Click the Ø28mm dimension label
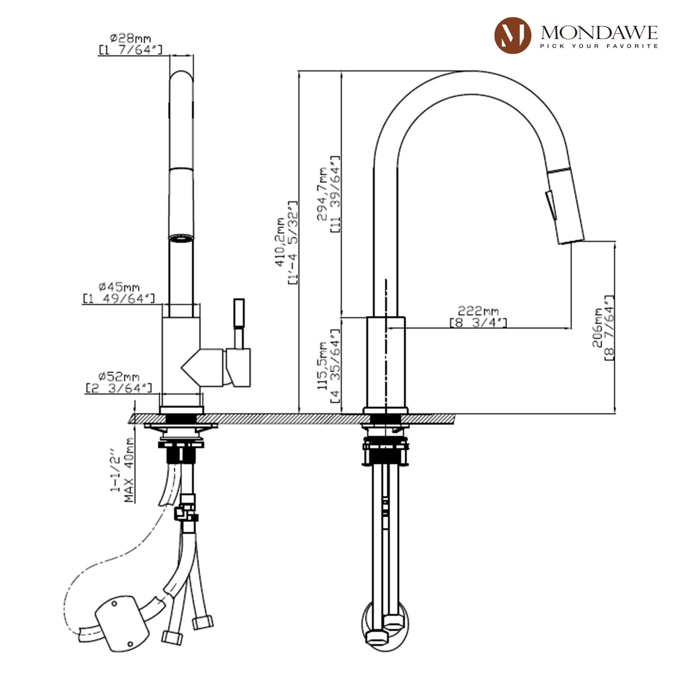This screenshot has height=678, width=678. coord(130,38)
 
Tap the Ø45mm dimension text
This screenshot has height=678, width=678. coord(119,287)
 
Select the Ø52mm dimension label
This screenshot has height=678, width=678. coord(119,377)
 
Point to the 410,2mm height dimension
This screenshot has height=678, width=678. coord(280,242)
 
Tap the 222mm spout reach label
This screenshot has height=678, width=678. coord(478,311)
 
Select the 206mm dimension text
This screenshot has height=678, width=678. coord(597,328)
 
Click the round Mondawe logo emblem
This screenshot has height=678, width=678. coord(512,36)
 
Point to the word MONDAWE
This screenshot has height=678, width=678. coord(599,33)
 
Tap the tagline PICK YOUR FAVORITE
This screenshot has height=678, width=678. coord(599,46)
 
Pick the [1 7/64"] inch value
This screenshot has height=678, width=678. coord(130,50)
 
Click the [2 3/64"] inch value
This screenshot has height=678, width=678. coord(119,388)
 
